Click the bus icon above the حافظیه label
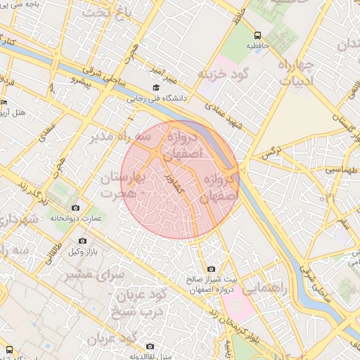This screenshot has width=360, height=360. tap(257, 34)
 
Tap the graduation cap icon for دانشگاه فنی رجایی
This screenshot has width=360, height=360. tap(155, 88)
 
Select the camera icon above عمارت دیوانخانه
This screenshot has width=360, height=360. tap(76, 207)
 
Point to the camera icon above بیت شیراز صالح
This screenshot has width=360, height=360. tap(211, 269)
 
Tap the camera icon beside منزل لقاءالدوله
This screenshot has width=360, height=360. tap(150, 346)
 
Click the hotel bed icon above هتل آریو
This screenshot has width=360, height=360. tap(4, 102)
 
